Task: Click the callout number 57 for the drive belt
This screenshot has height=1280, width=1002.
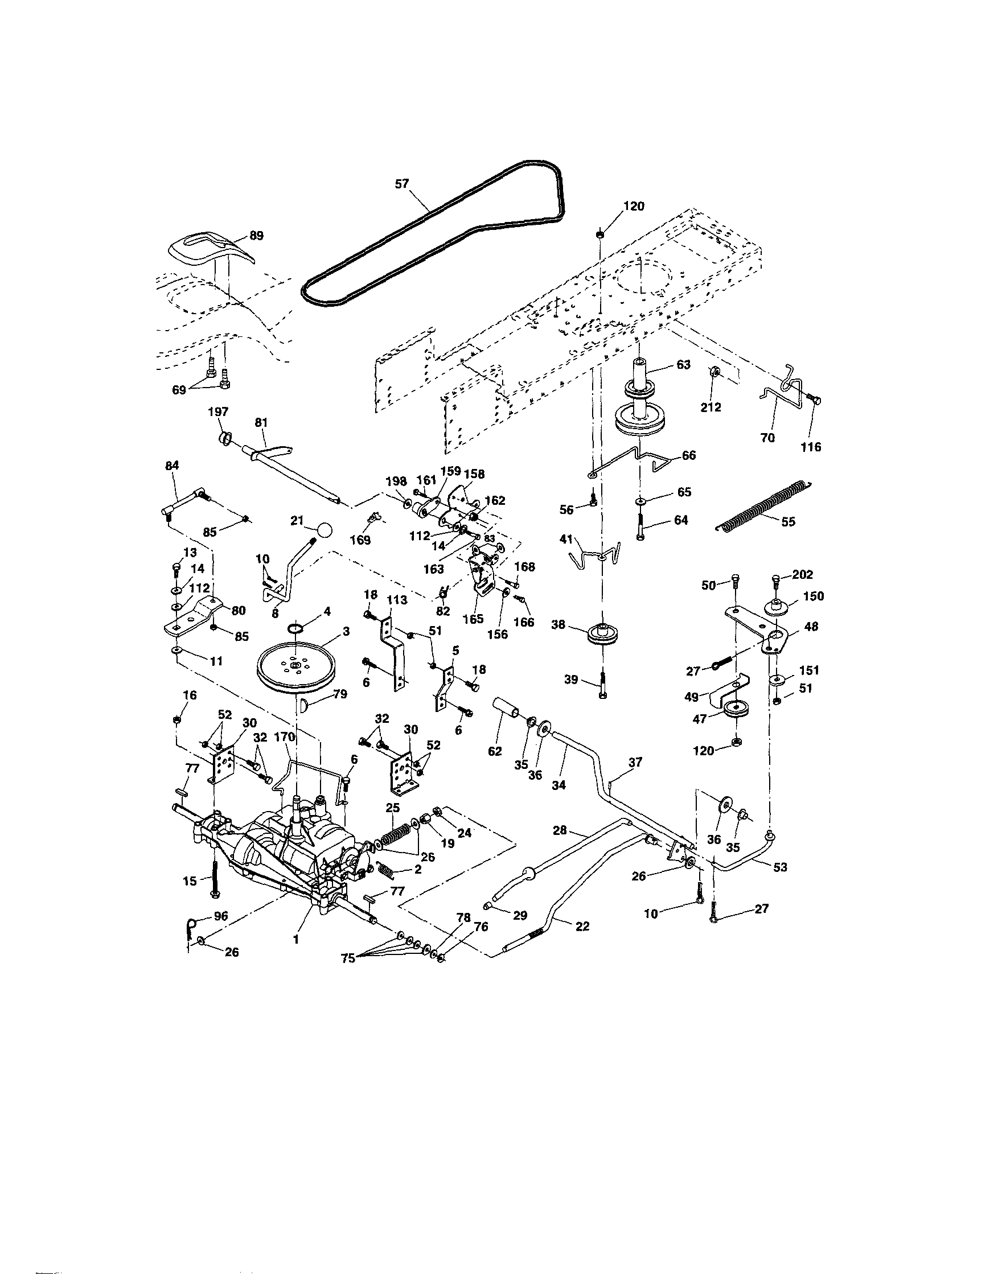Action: [401, 183]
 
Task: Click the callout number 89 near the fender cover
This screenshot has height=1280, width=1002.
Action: [256, 236]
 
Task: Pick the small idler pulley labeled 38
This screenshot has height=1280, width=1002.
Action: [602, 635]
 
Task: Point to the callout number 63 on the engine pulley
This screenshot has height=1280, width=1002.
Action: [683, 364]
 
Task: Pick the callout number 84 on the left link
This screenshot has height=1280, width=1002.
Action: [172, 465]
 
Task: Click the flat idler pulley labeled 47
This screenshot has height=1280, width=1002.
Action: [734, 709]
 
